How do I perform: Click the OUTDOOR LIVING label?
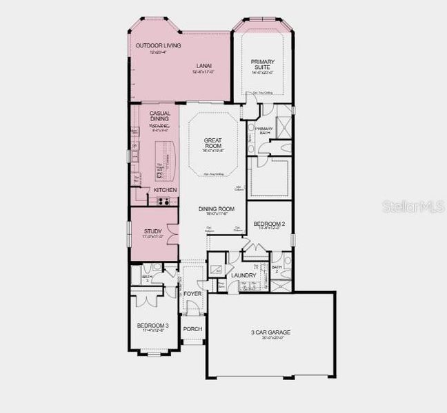[158, 45]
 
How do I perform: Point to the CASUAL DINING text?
[159, 116]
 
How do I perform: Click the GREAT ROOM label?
[212, 143]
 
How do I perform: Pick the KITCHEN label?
[165, 190]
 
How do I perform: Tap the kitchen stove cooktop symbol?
[164, 201]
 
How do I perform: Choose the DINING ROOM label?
[217, 209]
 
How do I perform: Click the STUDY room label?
[152, 231]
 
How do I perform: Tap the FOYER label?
[192, 294]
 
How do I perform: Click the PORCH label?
[192, 329]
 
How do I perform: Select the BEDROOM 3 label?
[152, 326]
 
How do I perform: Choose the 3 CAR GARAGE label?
[270, 332]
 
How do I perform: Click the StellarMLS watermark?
[413, 206]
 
